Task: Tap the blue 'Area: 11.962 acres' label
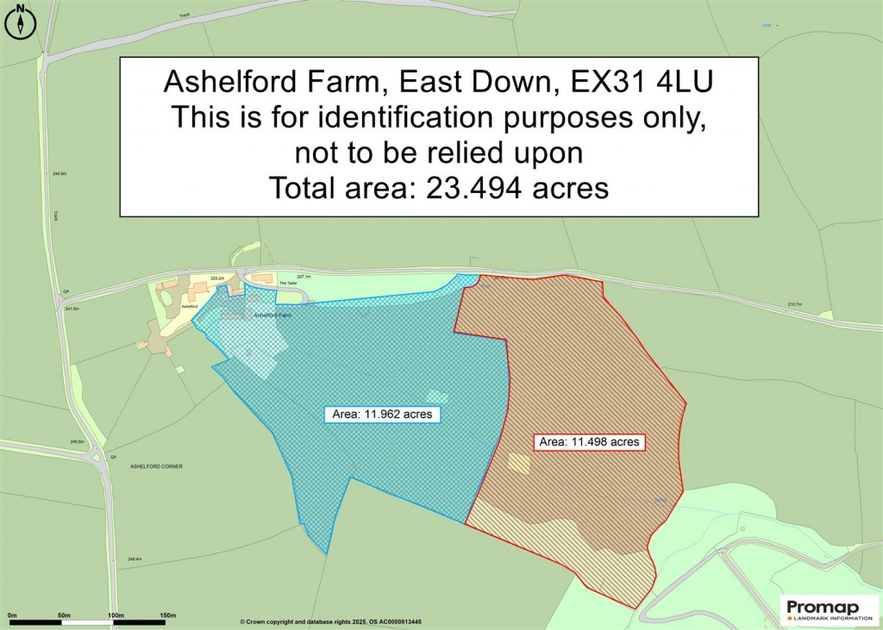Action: [384, 415]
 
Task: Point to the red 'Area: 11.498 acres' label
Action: [589, 442]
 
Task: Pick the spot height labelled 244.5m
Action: [59, 174]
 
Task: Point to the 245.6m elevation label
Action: [78, 442]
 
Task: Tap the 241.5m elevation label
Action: [71, 309]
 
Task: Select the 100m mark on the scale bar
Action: [115, 615]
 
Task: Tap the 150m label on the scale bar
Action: [167, 615]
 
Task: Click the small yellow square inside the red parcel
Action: [518, 463]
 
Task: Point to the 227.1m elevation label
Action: [304, 276]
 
